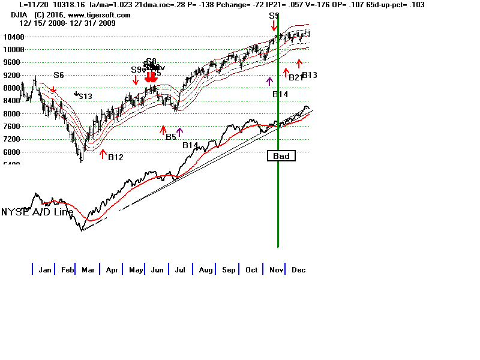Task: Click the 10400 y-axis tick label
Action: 10,37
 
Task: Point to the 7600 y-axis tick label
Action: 10,126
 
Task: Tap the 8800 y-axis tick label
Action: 10,88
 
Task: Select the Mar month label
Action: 88,270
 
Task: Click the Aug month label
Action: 206,270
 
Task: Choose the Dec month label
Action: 298,270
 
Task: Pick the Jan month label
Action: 44,270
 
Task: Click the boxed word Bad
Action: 281,156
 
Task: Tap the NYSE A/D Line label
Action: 37,212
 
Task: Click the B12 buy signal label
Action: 116,157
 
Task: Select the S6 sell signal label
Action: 58,76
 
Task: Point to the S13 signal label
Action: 85,96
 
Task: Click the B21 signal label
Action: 296,77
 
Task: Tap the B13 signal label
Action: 310,75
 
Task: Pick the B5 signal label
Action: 171,137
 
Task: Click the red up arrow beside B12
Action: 103,154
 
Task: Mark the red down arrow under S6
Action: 53,90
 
